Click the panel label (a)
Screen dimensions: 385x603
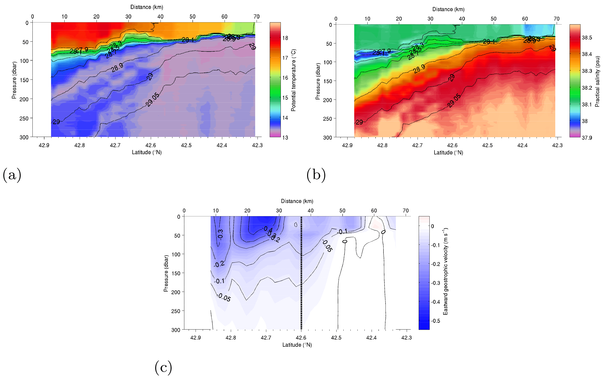(12, 175)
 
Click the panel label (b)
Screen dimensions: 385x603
(316, 175)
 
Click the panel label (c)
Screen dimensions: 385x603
(163, 368)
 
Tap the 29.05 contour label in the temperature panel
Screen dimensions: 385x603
(152, 100)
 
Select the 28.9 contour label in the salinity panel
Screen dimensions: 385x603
(419, 69)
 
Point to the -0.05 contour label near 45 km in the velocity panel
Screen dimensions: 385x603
(327, 246)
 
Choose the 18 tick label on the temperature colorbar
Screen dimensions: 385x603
(285, 38)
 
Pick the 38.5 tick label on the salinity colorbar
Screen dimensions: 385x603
(587, 38)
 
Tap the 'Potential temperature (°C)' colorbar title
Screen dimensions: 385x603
(293, 80)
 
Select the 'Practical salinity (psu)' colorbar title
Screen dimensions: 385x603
(597, 81)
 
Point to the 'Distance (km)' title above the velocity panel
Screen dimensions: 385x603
(297, 201)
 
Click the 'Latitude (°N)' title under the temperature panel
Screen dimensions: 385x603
(147, 152)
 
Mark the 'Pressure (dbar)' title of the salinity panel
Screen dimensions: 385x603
(318, 81)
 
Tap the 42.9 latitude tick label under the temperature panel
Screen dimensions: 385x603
(44, 145)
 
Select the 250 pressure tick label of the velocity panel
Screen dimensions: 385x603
(176, 311)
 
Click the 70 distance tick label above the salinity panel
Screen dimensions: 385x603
(557, 19)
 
